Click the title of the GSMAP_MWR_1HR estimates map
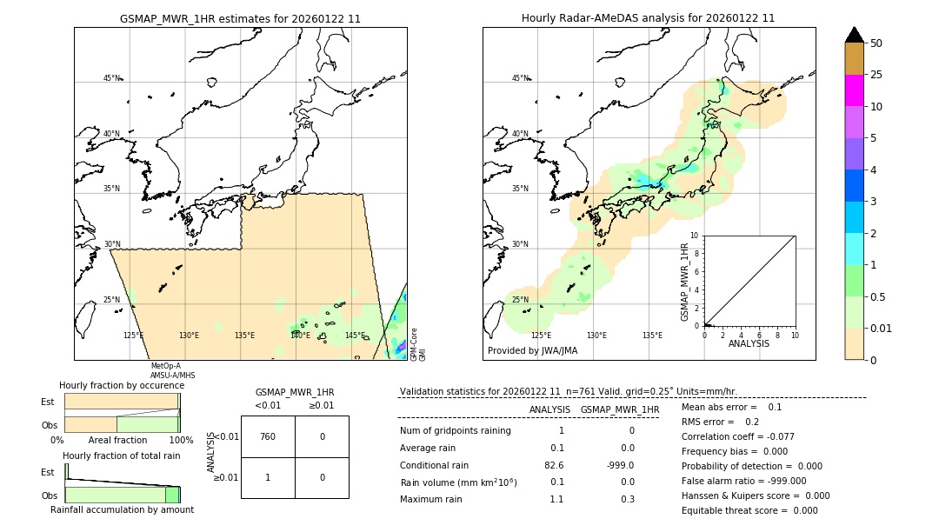(240, 18)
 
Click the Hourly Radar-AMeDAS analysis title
(648, 18)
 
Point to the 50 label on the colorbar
(876, 43)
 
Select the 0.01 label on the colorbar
(882, 328)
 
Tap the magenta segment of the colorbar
(855, 90)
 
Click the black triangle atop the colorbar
(855, 35)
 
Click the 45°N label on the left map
(111, 78)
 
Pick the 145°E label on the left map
(355, 336)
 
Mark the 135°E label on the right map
(652, 336)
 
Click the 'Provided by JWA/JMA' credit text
(532, 351)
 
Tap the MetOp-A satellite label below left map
(165, 366)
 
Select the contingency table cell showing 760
(268, 436)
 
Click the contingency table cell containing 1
(268, 477)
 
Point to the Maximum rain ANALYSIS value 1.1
(556, 499)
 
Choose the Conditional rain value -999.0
(620, 465)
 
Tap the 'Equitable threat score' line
(749, 510)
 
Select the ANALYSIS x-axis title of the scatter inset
(749, 343)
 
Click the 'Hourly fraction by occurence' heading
(122, 385)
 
